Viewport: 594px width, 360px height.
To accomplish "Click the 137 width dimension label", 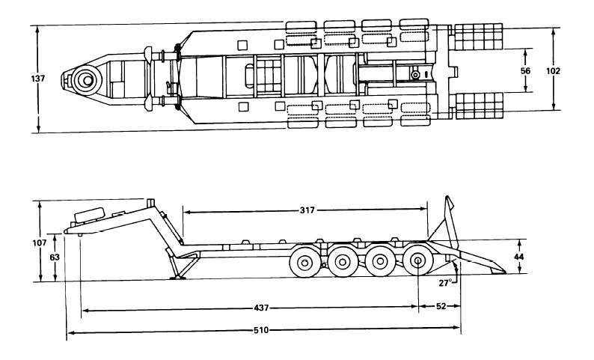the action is coord(38,79).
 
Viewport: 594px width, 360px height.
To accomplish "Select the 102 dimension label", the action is coord(553,70).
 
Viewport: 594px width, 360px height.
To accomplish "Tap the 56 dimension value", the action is coord(525,70).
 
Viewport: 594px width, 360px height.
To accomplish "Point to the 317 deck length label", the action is coord(307,210).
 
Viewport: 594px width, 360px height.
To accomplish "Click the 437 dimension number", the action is coord(261,308).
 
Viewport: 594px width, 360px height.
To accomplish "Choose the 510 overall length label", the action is coord(261,330).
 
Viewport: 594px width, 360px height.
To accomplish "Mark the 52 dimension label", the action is coord(441,306).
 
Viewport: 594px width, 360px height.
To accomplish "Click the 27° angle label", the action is coord(446,283).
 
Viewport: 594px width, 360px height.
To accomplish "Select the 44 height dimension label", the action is coord(519,257).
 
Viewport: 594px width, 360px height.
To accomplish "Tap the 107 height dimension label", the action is coord(40,243).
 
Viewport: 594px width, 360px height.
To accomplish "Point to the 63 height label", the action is coord(55,257).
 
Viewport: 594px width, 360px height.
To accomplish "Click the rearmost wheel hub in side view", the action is coord(418,260).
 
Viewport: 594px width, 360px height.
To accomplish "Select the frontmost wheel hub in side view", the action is coord(304,262).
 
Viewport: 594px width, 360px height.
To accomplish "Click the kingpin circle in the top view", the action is coord(88,80).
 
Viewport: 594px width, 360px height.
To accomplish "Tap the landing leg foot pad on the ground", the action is coord(177,278).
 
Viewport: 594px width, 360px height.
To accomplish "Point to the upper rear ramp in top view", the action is coord(479,37).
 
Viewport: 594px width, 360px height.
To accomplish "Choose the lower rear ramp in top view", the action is coord(480,106).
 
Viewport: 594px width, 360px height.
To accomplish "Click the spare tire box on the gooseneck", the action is coord(90,215).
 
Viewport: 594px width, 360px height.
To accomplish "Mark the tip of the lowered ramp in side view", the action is coord(504,272).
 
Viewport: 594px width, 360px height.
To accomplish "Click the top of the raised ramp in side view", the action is coord(448,197).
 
